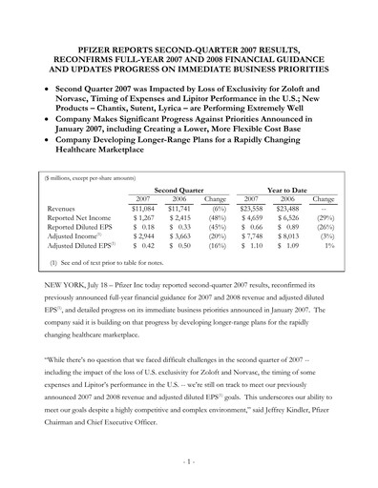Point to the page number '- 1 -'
point(189,461)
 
